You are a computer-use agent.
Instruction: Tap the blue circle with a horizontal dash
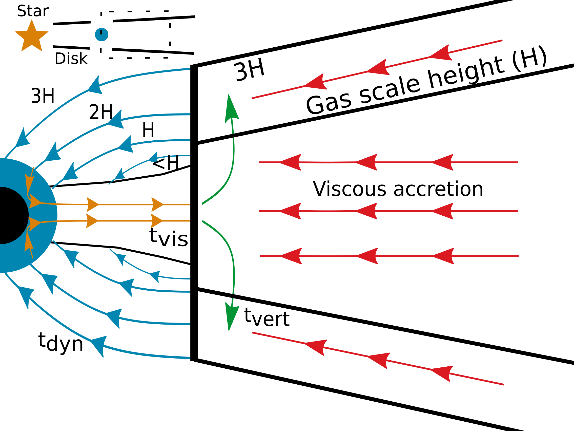(87, 24)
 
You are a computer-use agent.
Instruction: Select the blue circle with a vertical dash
(101, 34)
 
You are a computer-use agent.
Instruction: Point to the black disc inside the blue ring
(10, 216)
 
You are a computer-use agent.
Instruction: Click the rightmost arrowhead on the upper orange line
(157, 205)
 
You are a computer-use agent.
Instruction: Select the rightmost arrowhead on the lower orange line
(156, 221)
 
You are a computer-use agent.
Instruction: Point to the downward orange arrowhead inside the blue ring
(29, 182)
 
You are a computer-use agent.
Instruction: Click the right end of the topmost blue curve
(190, 69)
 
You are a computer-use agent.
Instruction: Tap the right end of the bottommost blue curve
(190, 358)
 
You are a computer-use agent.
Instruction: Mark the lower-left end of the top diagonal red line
(253, 98)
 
